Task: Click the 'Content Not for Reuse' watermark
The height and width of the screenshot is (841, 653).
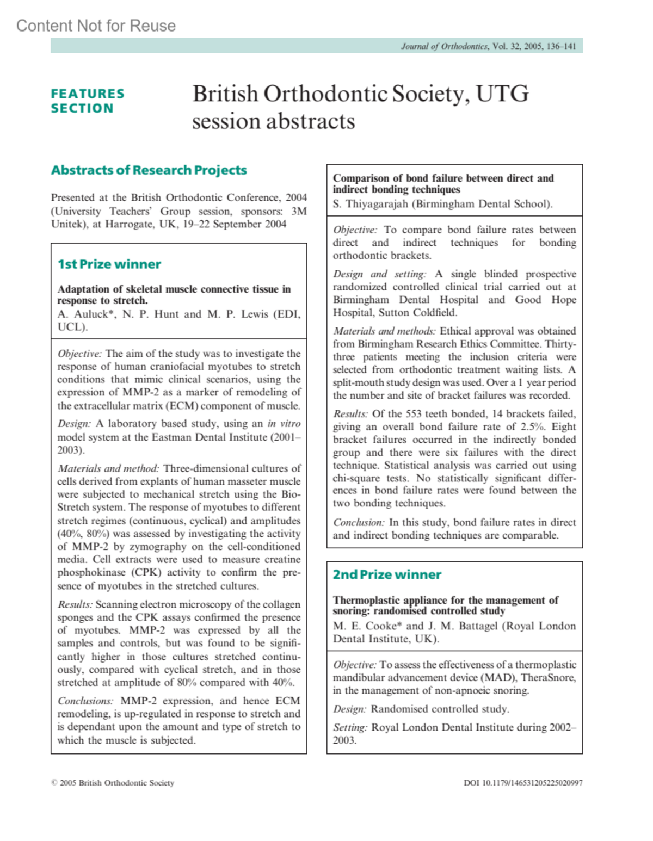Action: (96, 26)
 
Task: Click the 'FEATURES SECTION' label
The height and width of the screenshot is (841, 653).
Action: (87, 101)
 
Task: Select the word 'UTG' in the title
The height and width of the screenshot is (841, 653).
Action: (502, 94)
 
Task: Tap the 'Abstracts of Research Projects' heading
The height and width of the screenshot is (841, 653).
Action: (149, 170)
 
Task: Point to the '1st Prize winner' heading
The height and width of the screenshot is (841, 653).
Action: (109, 264)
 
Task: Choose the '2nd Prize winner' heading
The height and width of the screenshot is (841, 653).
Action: (387, 574)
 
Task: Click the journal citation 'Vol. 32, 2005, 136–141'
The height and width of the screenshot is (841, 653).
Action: (534, 46)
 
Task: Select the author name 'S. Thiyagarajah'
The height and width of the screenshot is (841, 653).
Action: (371, 204)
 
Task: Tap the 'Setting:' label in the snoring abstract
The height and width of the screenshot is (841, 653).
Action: (350, 728)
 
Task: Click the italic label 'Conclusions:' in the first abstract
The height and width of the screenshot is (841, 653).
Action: (85, 701)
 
